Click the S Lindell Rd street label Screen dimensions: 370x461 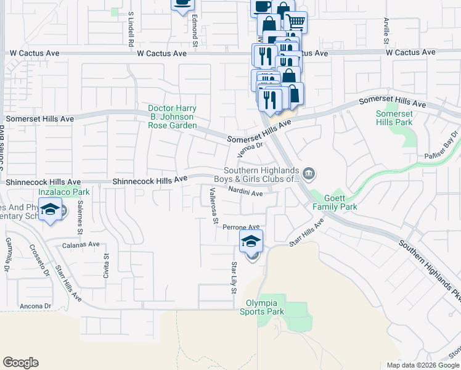(x=131, y=30)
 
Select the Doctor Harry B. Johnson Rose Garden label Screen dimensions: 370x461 (x=172, y=117)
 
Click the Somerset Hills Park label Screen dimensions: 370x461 (x=394, y=118)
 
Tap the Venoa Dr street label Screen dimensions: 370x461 (x=251, y=150)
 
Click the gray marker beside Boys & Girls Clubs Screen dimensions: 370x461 (x=309, y=175)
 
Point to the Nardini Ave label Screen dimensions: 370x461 (x=245, y=193)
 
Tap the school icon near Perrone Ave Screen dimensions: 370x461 (x=251, y=241)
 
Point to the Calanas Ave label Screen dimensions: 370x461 (x=81, y=244)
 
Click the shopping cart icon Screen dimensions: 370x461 (x=296, y=22)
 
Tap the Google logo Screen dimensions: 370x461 (x=20, y=363)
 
